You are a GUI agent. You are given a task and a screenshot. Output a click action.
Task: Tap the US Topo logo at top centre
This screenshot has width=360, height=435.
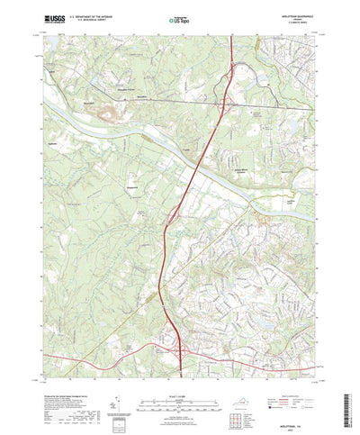pyautogui.click(x=179, y=18)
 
